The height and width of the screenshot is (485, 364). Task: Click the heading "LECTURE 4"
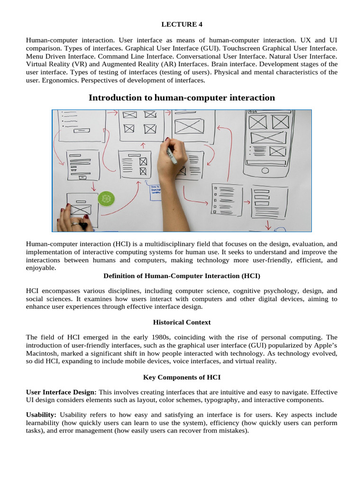(x=182, y=24)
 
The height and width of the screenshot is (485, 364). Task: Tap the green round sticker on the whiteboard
(x=106, y=199)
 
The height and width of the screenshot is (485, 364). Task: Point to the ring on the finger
(x=74, y=224)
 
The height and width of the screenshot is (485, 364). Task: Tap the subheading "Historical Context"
(x=182, y=322)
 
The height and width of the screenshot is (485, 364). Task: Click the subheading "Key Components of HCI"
(x=182, y=377)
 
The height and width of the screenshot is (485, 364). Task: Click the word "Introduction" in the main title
(x=115, y=98)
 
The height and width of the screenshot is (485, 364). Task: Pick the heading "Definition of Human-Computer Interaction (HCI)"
(x=182, y=276)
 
